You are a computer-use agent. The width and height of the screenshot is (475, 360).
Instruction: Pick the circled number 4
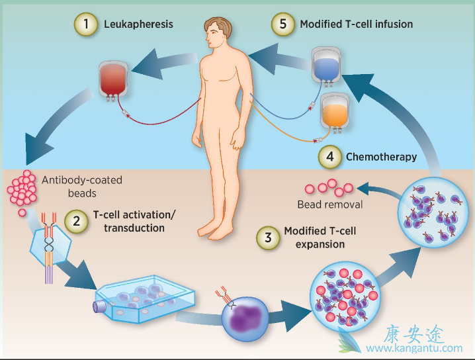coord(329,157)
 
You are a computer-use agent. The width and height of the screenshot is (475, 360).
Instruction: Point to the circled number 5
coord(282,24)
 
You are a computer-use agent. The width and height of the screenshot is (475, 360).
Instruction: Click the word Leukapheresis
coord(138,25)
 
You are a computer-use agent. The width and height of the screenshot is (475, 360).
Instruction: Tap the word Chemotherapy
coord(381,157)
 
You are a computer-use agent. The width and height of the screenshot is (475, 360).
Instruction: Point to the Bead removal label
coord(329,204)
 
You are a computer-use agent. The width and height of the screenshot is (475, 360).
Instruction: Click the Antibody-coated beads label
coord(82,186)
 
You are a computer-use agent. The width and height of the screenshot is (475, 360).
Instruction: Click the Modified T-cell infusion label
coord(356,24)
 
